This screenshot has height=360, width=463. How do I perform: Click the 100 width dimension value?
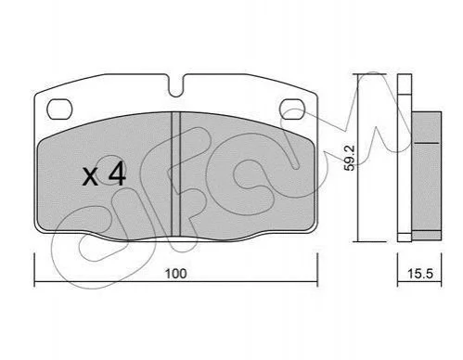click(x=176, y=274)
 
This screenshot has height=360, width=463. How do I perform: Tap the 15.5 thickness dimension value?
click(x=420, y=274)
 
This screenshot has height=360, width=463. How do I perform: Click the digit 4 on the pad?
click(x=117, y=174)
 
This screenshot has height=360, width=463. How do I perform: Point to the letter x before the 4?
click(x=90, y=177)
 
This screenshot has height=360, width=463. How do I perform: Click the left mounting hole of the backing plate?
click(x=59, y=109)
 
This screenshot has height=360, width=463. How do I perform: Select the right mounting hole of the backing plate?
click(x=292, y=109)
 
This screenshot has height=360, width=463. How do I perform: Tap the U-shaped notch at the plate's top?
click(x=176, y=86)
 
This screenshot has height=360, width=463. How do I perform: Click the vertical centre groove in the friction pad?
click(x=175, y=174)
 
